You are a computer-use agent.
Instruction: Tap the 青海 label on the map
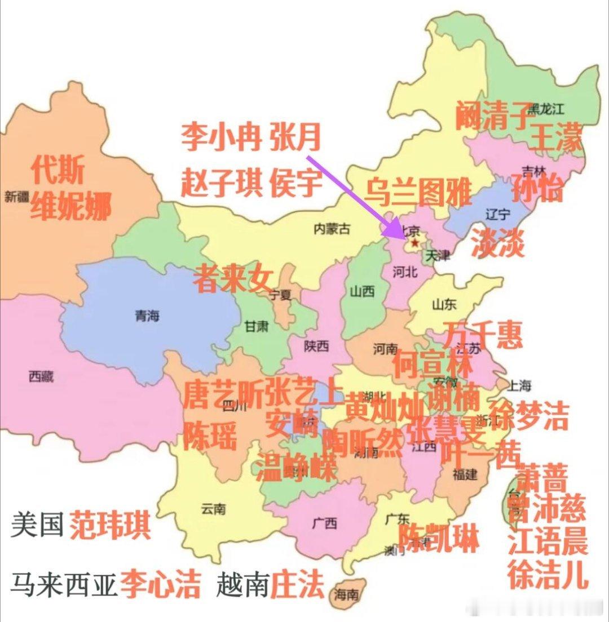(147, 316)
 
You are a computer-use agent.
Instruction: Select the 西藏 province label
(41, 377)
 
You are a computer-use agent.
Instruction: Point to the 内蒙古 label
(332, 229)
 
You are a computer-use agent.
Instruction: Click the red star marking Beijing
(415, 243)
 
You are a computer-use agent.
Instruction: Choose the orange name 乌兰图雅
(417, 191)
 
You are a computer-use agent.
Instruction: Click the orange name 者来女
(233, 279)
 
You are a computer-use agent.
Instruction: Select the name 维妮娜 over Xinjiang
(70, 206)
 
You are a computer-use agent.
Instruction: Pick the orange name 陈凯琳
(439, 539)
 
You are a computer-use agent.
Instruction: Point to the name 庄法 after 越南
(297, 585)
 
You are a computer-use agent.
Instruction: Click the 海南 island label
(346, 594)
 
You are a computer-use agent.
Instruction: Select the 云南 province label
(213, 509)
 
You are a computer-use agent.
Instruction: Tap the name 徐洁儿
(548, 574)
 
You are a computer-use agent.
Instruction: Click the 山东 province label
(444, 304)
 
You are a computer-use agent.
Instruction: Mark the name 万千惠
(483, 335)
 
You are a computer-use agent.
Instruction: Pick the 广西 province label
(325, 523)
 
